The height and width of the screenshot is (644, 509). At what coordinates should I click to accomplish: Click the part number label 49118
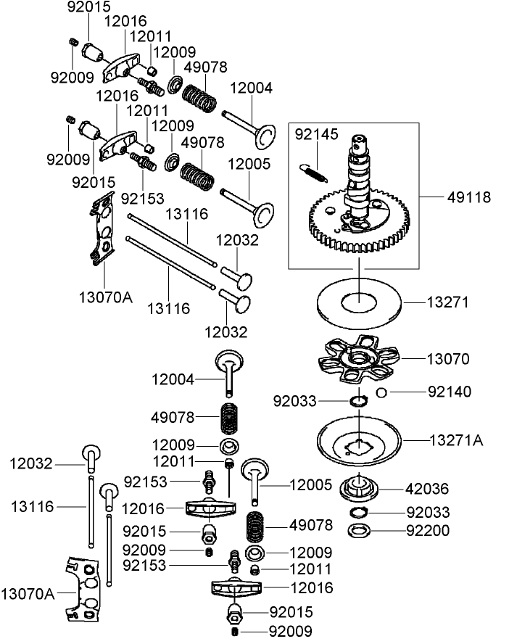pyautogui.click(x=470, y=197)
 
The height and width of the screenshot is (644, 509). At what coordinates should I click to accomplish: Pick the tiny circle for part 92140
pyautogui.click(x=384, y=392)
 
